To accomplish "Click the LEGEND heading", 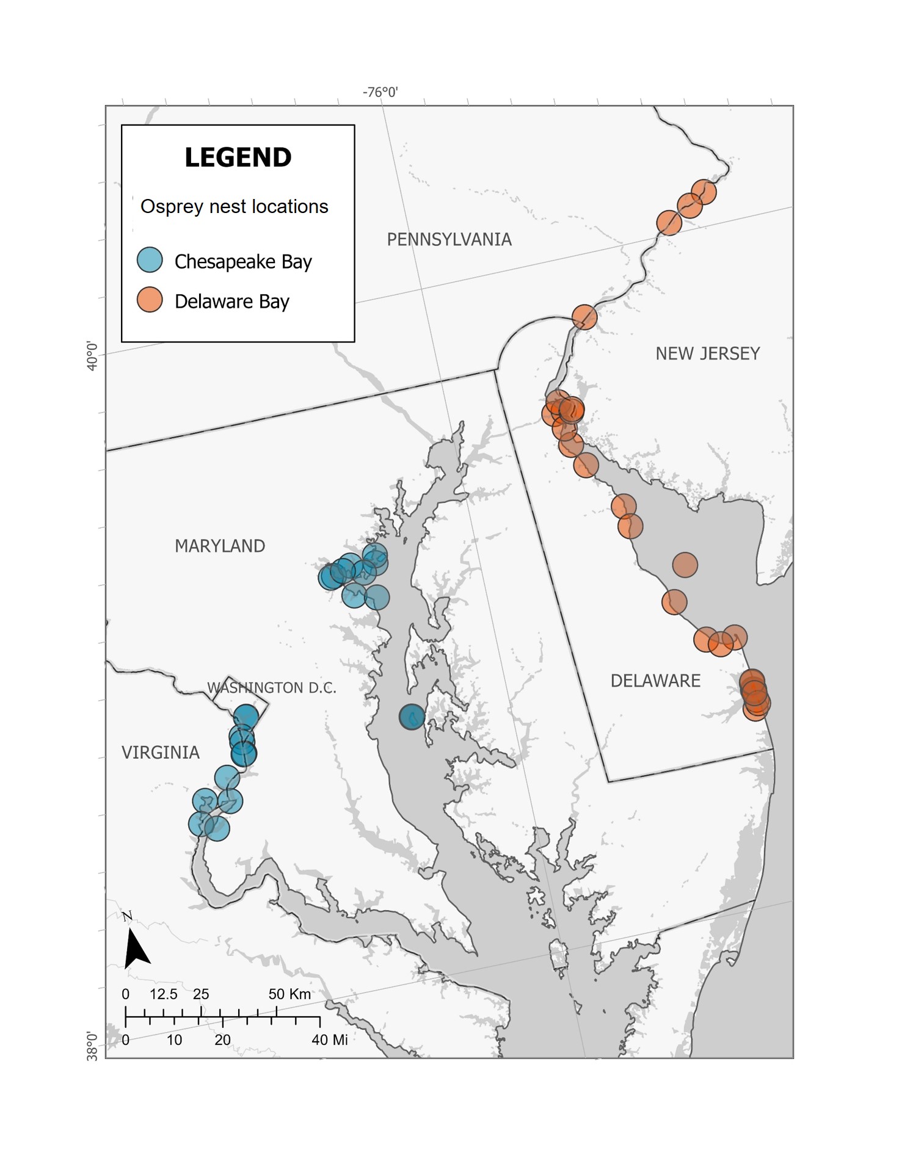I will click(238, 157).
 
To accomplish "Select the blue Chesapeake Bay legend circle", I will click(150, 260).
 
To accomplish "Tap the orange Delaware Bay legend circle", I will click(150, 300).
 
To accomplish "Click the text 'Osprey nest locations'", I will click(234, 207).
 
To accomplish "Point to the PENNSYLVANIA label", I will click(449, 239).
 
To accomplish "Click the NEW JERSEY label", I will click(707, 353).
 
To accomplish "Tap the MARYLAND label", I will click(220, 546).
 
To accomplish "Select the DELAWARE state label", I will click(655, 681).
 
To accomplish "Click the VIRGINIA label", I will click(161, 753).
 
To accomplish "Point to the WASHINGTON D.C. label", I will click(272, 688).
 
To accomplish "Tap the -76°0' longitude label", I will click(380, 92).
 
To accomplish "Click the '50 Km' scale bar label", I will click(289, 994).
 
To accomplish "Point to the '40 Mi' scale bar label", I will click(329, 1040).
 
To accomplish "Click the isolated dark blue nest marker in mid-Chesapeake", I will click(412, 717).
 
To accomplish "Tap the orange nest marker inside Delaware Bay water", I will click(685, 565).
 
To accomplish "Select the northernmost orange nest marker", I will click(704, 192).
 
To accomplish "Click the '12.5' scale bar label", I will click(163, 994).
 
